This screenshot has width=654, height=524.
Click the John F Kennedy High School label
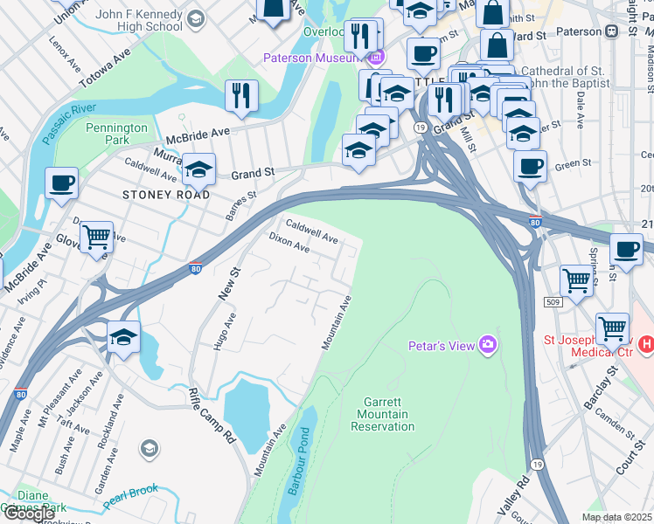[x=127, y=20]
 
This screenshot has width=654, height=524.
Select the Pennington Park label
[x=116, y=134]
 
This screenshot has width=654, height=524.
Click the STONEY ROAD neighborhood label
[x=166, y=195]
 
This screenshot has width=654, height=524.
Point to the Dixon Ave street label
[x=289, y=242]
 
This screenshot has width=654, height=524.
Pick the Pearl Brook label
[x=131, y=495]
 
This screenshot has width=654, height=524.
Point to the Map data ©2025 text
[x=617, y=517]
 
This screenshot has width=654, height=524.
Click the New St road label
[x=228, y=286]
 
